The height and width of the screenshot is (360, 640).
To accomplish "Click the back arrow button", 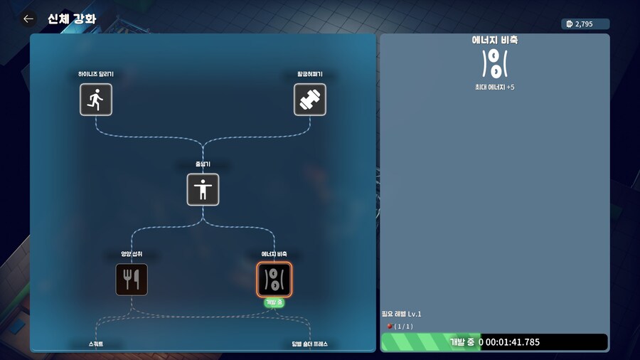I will [28, 19].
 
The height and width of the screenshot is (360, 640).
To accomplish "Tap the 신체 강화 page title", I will [72, 19].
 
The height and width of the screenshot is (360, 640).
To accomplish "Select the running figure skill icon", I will [96, 100].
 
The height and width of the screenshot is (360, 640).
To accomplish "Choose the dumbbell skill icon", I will [310, 100].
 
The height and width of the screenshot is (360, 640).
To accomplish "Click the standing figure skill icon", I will [203, 189].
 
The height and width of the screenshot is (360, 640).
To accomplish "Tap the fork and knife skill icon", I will [132, 279].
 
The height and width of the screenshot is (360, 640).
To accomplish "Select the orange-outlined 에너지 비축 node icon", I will [274, 279].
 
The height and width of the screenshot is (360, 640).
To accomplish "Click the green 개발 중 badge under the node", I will [274, 302].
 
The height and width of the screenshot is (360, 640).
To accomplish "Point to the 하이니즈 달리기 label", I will [96, 74].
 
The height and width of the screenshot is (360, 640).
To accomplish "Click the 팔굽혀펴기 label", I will [310, 74].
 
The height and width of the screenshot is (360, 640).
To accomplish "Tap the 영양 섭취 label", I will [132, 254].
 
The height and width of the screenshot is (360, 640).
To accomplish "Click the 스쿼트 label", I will [96, 344].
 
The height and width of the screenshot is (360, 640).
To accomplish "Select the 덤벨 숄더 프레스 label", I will [309, 344].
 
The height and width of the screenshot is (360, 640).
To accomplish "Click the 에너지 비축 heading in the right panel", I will [494, 41].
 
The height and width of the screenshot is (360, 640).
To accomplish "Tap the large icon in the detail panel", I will [494, 63].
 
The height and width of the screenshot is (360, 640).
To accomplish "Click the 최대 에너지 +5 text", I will [494, 88].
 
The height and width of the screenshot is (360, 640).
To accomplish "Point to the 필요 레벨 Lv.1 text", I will [402, 314].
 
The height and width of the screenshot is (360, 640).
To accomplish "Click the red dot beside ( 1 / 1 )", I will [389, 326].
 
